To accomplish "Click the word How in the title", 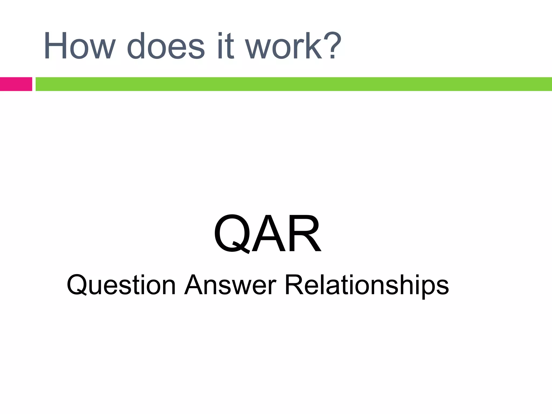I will (80, 46).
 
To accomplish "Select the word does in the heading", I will (165, 46).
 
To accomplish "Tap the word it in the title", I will (225, 46).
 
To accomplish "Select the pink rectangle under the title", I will (16, 84).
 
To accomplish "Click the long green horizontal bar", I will (294, 84).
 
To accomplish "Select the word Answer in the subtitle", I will (230, 285).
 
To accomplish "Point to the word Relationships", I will (367, 285).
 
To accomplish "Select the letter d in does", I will (137, 46).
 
